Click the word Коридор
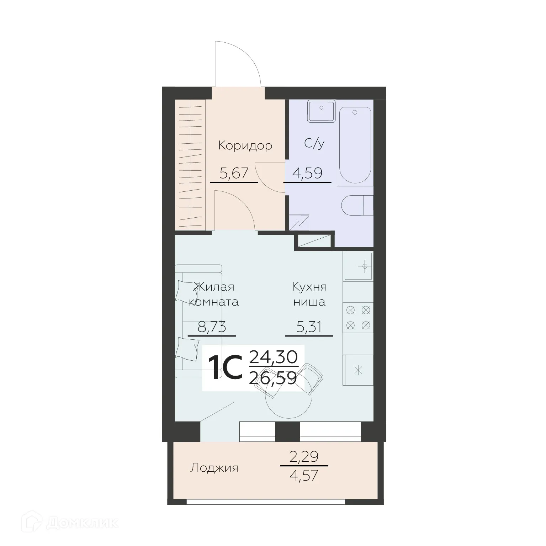[x=245, y=145]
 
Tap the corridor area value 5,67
[x=234, y=174]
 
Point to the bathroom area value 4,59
[x=307, y=173]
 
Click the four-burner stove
[x=358, y=318]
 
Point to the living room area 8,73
[x=212, y=327]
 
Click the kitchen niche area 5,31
[x=309, y=327]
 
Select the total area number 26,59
[x=273, y=378]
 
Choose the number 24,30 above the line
[x=273, y=356]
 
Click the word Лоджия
[x=214, y=468]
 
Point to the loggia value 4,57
[x=304, y=475]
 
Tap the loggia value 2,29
[x=304, y=456]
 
